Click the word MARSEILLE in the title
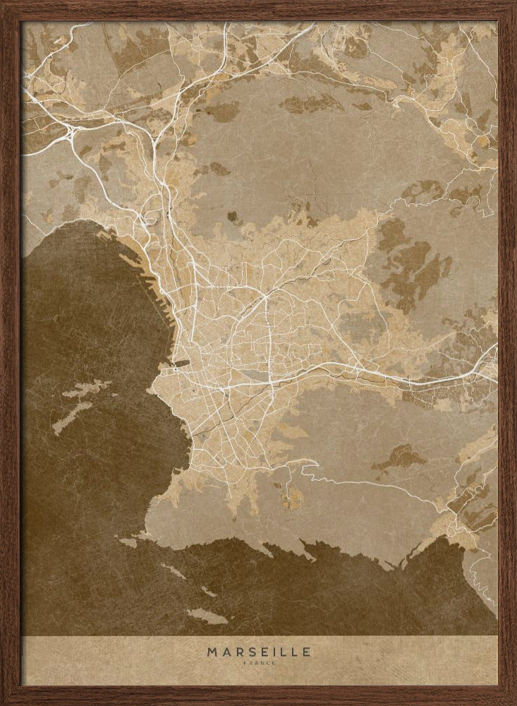click(x=258, y=652)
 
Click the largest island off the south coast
click(x=209, y=616)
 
